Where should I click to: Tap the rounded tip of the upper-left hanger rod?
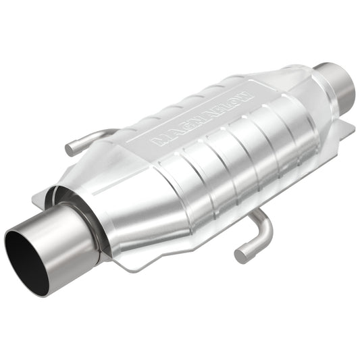click(70, 148)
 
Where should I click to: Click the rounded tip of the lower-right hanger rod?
click(240, 255)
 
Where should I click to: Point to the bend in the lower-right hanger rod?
click(264, 226)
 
